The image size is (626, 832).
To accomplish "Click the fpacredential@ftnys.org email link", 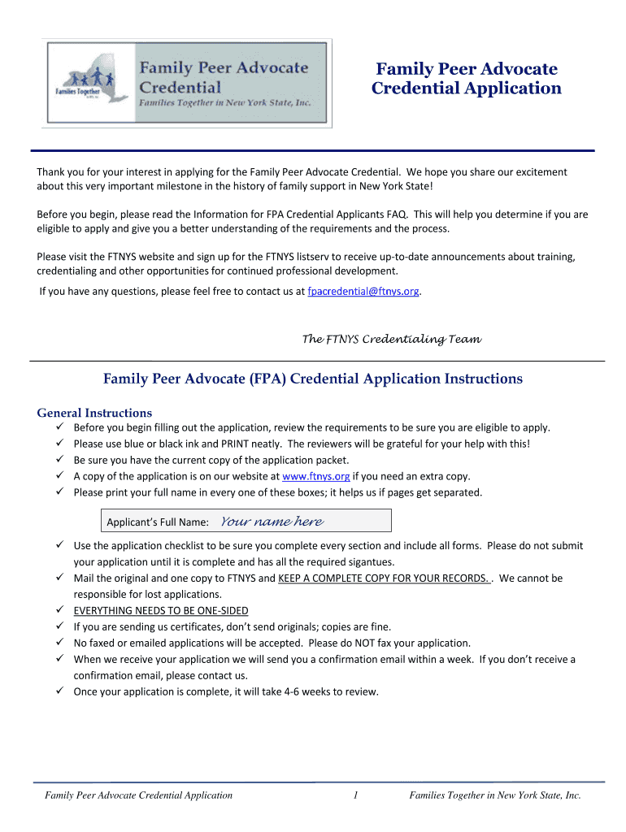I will (363, 291).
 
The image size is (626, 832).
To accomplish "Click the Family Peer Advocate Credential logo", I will (188, 83).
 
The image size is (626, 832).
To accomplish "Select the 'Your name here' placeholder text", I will (272, 522).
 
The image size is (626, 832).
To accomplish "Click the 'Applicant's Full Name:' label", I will (158, 522).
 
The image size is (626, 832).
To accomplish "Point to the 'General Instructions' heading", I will (94, 413).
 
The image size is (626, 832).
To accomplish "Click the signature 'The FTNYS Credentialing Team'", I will (392, 339).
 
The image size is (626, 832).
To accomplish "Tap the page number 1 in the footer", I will (356, 795).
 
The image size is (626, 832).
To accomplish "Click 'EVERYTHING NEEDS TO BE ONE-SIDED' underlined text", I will (161, 610).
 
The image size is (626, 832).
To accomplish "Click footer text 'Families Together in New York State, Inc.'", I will (495, 795).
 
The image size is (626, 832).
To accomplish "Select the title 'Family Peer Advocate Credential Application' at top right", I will (466, 79).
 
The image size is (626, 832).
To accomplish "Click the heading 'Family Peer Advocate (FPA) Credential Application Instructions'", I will (313, 379).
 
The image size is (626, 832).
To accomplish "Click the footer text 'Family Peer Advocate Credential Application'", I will (138, 795).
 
